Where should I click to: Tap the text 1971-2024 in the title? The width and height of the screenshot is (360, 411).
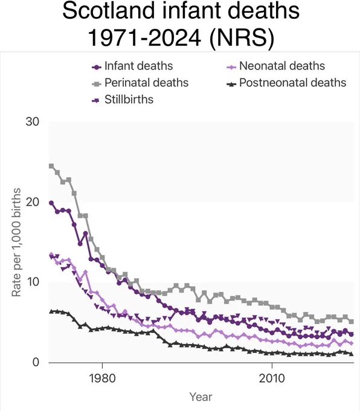(x=144, y=37)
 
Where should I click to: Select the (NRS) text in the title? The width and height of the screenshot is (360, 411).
(x=242, y=38)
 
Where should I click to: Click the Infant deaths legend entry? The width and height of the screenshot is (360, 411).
(x=132, y=66)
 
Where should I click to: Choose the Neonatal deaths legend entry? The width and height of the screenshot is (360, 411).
(x=275, y=66)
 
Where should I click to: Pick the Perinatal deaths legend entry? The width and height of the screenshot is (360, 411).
(x=140, y=83)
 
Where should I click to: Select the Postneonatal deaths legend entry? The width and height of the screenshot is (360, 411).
(x=286, y=83)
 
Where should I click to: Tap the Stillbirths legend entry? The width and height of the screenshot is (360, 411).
(x=123, y=100)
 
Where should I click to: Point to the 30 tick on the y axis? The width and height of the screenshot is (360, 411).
(x=32, y=121)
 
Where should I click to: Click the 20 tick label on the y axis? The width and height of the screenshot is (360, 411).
(x=32, y=202)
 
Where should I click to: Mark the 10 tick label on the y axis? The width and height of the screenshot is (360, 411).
(x=33, y=282)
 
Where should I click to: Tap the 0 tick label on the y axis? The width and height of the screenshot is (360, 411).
(x=36, y=362)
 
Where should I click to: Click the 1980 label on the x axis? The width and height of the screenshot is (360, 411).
(x=103, y=378)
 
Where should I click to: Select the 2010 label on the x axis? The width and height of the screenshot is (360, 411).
(x=272, y=378)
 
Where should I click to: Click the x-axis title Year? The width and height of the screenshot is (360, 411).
(x=201, y=397)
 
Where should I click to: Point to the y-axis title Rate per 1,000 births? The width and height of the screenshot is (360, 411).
(x=16, y=242)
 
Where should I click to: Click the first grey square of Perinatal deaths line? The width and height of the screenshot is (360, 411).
(x=51, y=166)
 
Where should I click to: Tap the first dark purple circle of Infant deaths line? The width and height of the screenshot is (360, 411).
(x=51, y=203)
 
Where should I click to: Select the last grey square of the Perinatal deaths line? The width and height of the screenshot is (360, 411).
(x=352, y=322)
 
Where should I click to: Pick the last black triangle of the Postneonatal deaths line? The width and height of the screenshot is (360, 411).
(x=352, y=354)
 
